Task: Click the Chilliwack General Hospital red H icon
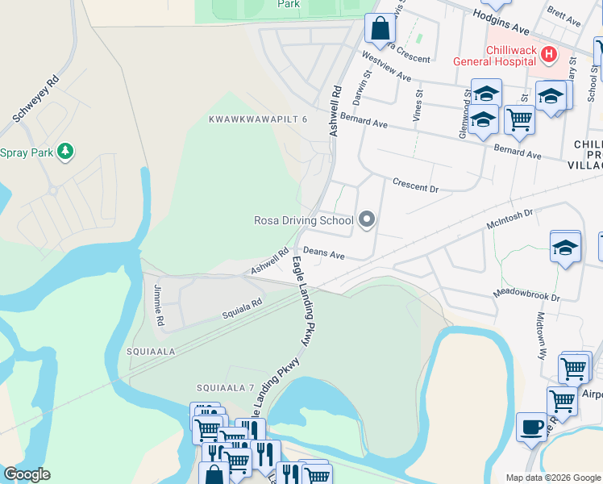tap(549, 55)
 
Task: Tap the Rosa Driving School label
tap(303, 220)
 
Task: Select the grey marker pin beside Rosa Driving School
tap(368, 219)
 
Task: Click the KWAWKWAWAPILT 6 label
tap(258, 119)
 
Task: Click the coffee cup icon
tap(530, 427)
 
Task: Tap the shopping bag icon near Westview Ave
tap(379, 29)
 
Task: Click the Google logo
tap(27, 474)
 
